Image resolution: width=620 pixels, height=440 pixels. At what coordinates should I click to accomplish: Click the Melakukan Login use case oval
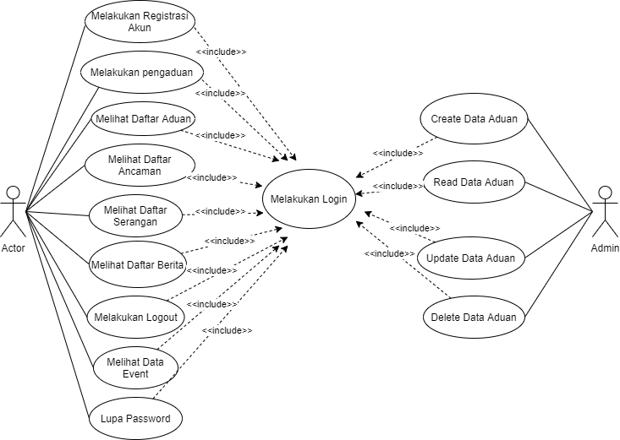(309, 198)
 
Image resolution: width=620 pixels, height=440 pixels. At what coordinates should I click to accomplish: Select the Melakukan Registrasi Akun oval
(140, 22)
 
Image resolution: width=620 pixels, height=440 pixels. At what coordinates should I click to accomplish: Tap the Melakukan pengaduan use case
(141, 73)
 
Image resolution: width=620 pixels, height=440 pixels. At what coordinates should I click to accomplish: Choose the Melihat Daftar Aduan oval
(142, 118)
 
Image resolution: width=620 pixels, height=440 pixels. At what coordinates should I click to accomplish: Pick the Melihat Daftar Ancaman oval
(140, 165)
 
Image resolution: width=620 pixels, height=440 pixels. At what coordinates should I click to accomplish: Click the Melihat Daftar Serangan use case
(135, 215)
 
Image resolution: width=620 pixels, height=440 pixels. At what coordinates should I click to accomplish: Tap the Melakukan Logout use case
(135, 317)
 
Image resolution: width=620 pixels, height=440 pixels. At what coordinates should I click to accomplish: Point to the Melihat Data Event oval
(134, 367)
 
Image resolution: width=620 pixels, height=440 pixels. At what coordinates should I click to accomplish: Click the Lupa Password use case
(135, 418)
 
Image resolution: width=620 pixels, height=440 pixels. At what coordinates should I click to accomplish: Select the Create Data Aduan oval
(474, 119)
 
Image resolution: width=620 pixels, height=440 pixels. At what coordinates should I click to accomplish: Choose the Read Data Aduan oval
(474, 182)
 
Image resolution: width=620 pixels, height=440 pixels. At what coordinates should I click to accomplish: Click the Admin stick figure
(604, 211)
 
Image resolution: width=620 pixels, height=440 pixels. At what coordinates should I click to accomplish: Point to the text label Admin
(606, 249)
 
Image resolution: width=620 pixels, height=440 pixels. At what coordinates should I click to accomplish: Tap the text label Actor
(13, 248)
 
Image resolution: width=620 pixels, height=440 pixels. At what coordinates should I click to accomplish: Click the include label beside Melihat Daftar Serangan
(221, 211)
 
